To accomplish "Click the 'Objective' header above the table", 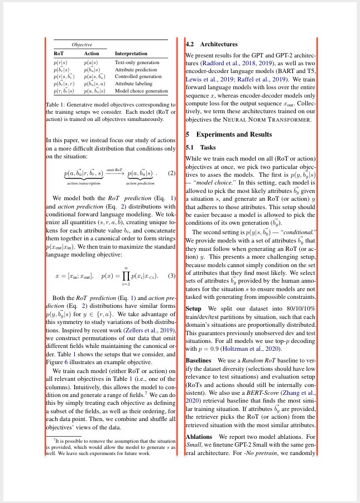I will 81,44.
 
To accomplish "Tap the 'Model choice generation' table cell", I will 141,90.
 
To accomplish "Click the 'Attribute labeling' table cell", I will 133,83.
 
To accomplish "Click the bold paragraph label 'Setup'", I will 193,308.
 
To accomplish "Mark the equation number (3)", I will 172,276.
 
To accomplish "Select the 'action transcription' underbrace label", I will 84,183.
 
